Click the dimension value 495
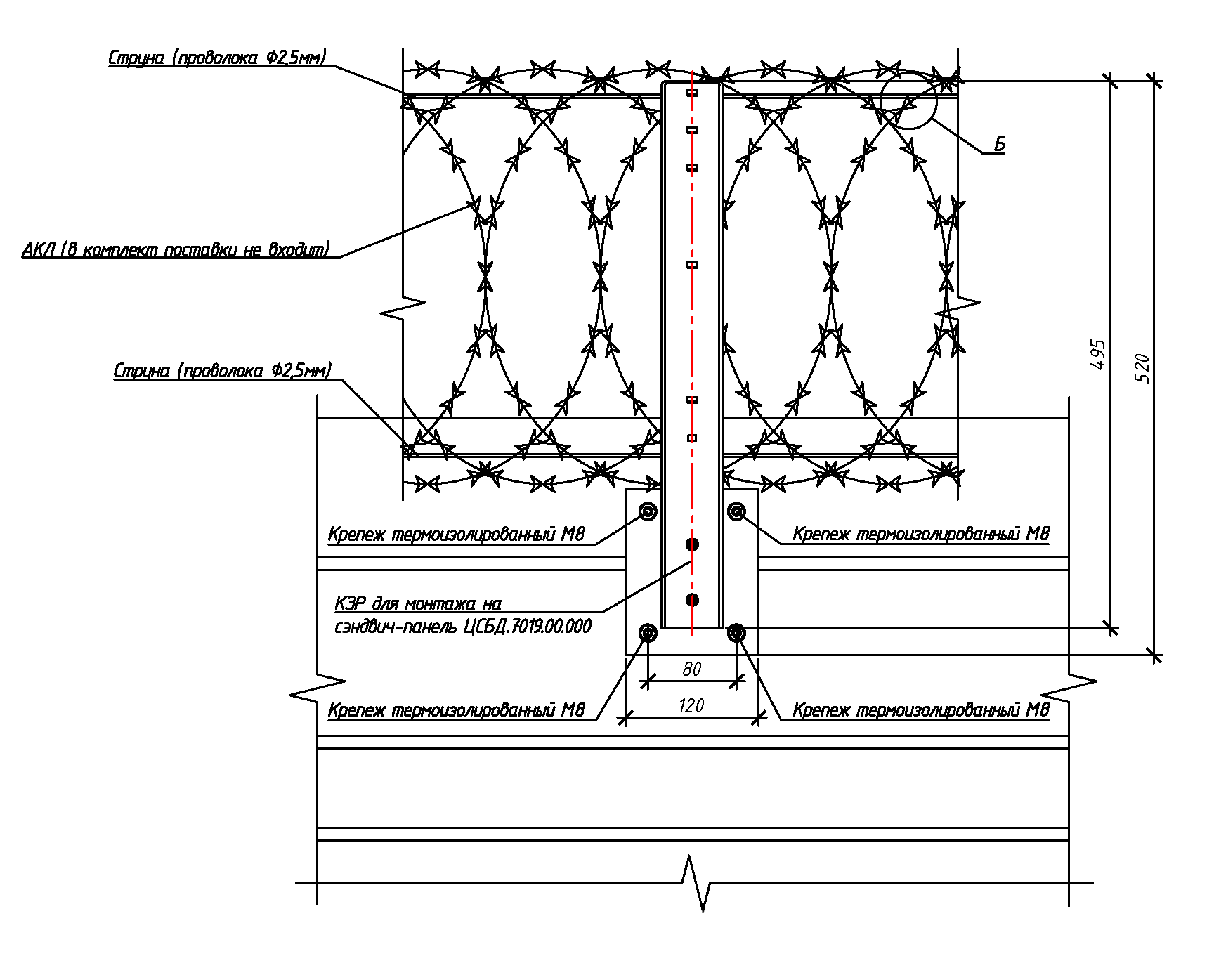(x=1099, y=355)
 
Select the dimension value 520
(x=1143, y=368)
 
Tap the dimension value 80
(x=692, y=669)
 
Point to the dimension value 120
(x=691, y=706)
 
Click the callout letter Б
(x=999, y=145)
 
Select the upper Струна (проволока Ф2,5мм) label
(x=217, y=58)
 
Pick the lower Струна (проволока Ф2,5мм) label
(x=222, y=371)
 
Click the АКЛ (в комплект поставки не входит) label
(x=176, y=249)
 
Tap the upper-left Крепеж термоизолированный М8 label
(x=456, y=535)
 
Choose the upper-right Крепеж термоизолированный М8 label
(x=921, y=535)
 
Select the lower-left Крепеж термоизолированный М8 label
(x=456, y=710)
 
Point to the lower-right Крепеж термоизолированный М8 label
(x=921, y=710)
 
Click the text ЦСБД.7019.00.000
(x=528, y=627)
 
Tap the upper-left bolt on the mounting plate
(x=648, y=511)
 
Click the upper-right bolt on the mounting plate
(x=736, y=511)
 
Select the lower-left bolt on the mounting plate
(x=648, y=634)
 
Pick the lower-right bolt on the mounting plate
(x=736, y=634)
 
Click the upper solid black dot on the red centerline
(x=692, y=544)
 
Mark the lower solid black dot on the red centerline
(x=692, y=600)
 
